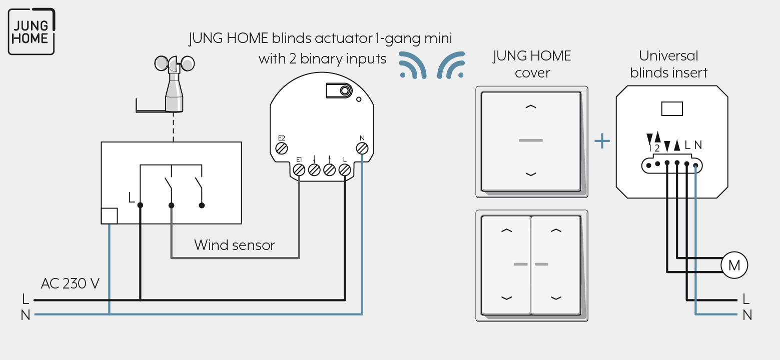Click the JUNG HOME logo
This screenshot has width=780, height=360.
pyautogui.click(x=32, y=31)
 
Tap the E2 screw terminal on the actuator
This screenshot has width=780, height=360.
pyautogui.click(x=281, y=148)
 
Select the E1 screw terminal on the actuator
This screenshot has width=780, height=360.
pyautogui.click(x=299, y=170)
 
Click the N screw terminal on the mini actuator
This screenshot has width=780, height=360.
pyautogui.click(x=362, y=148)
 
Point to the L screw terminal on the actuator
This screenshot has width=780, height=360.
pyautogui.click(x=345, y=170)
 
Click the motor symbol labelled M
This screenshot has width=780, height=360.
pyautogui.click(x=734, y=265)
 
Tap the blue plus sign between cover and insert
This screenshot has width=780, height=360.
pyautogui.click(x=602, y=141)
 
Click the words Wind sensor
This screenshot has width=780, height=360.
pyautogui.click(x=234, y=245)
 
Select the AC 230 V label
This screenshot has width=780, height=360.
pyautogui.click(x=70, y=283)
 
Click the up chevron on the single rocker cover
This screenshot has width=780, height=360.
pyautogui.click(x=531, y=107)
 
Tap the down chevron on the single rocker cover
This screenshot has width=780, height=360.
pyautogui.click(x=531, y=174)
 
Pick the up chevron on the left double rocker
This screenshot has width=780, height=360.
pyautogui.click(x=507, y=230)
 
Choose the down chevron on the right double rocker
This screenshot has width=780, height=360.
pyautogui.click(x=556, y=297)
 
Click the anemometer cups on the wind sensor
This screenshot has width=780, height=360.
pyautogui.click(x=175, y=63)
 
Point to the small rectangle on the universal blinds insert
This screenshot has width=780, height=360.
pyautogui.click(x=672, y=109)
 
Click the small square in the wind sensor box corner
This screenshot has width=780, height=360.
pyautogui.click(x=110, y=216)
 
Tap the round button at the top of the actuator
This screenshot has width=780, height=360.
pyautogui.click(x=345, y=91)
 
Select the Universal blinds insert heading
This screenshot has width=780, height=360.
pyautogui.click(x=668, y=64)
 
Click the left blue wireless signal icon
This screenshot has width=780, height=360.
pyautogui.click(x=413, y=65)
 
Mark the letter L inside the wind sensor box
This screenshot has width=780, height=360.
pyautogui.click(x=131, y=197)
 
